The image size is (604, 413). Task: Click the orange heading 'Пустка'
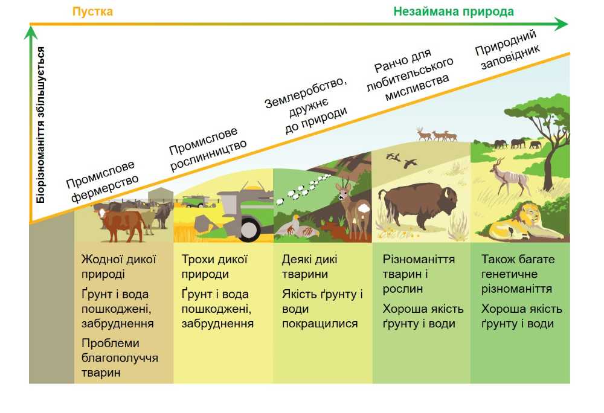(92, 11)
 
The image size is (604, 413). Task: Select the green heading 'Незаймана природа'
(454, 11)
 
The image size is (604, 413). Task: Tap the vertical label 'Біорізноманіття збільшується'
(40, 125)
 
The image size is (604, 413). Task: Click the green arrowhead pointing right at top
(561, 24)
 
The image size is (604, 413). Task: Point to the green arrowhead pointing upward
(31, 32)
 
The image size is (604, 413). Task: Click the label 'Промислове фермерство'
(102, 181)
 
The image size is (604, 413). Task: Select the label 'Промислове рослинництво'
(207, 149)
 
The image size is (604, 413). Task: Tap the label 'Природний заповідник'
(507, 50)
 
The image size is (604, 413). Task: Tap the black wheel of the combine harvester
(248, 227)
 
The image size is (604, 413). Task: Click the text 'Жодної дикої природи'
(118, 266)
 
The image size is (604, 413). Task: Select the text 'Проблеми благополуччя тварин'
(120, 357)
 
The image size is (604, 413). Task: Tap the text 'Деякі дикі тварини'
(310, 266)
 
